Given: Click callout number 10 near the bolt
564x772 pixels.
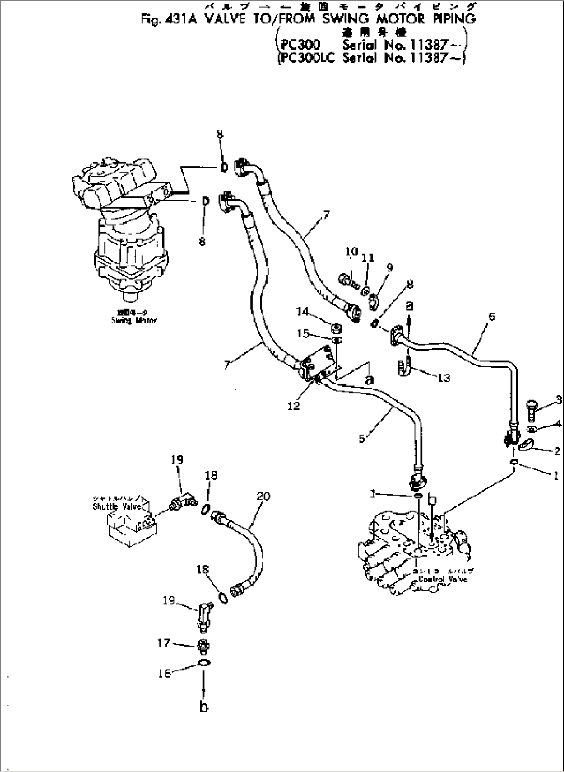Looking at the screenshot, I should coord(351,251).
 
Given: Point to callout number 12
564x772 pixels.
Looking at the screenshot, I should coord(293,406).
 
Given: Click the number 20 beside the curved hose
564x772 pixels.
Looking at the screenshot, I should coord(263,496).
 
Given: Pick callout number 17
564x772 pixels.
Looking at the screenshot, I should coord(164,643).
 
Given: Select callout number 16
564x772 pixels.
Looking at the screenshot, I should coord(164,674).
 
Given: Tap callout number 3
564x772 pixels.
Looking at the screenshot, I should coord(558,399).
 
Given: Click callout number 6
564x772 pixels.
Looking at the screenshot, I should coord(491,316).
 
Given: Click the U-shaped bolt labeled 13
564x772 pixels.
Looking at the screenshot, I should coord(405,367).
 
